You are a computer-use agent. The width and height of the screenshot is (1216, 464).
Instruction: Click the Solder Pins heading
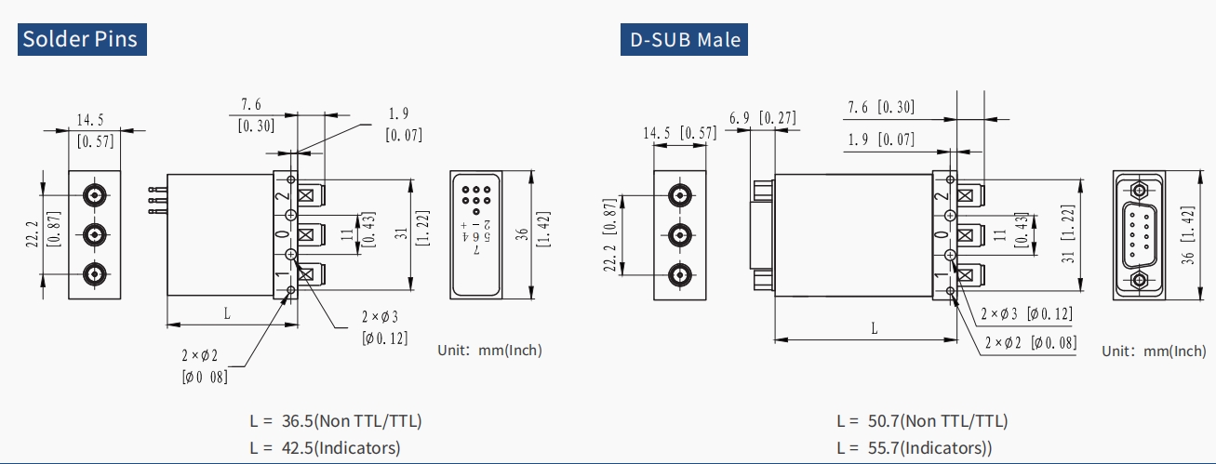(81, 39)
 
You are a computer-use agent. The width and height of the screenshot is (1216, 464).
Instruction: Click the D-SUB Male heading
(684, 39)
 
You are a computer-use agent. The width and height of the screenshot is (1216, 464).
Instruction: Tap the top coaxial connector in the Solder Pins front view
(94, 195)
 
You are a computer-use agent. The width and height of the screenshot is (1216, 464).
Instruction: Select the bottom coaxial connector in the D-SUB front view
(681, 275)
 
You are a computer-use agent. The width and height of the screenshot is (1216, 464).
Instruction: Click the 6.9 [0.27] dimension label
(762, 117)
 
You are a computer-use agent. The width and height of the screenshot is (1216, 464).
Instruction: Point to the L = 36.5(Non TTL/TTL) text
(335, 420)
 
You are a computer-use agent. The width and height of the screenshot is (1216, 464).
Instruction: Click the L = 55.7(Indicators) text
(914, 447)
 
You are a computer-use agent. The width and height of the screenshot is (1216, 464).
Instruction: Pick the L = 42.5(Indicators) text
(325, 447)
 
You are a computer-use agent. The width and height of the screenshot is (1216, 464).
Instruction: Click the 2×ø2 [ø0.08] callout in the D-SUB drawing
(1031, 342)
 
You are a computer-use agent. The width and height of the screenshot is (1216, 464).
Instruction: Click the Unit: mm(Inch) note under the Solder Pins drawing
(489, 350)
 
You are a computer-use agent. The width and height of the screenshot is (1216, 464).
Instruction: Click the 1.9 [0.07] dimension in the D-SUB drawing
(881, 139)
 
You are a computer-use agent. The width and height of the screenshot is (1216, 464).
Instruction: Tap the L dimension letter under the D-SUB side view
(874, 327)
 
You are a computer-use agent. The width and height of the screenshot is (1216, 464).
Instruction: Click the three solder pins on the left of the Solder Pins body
(155, 201)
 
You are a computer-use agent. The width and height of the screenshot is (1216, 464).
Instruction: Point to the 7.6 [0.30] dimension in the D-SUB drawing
(880, 107)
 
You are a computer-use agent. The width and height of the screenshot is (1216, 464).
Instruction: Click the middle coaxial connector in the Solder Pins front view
(94, 233)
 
